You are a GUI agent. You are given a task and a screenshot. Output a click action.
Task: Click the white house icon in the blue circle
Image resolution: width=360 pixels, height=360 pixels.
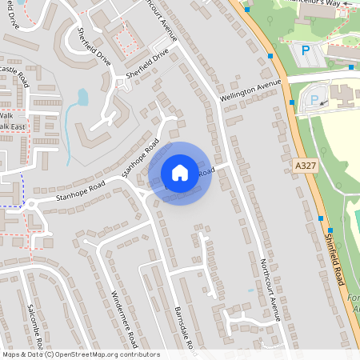point(180,172)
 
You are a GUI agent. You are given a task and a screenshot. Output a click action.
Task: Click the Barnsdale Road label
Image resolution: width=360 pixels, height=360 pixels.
point(185,329)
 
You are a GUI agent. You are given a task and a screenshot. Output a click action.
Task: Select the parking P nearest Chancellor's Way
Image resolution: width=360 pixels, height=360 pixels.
point(305,50)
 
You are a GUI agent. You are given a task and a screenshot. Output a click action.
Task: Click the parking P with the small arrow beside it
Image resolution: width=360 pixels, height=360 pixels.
point(314,100)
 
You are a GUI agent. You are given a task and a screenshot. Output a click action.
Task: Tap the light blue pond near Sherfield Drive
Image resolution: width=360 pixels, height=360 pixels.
point(82,98)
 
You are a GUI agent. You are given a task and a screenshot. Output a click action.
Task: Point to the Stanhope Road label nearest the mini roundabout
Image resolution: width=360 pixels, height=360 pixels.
point(80,192)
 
